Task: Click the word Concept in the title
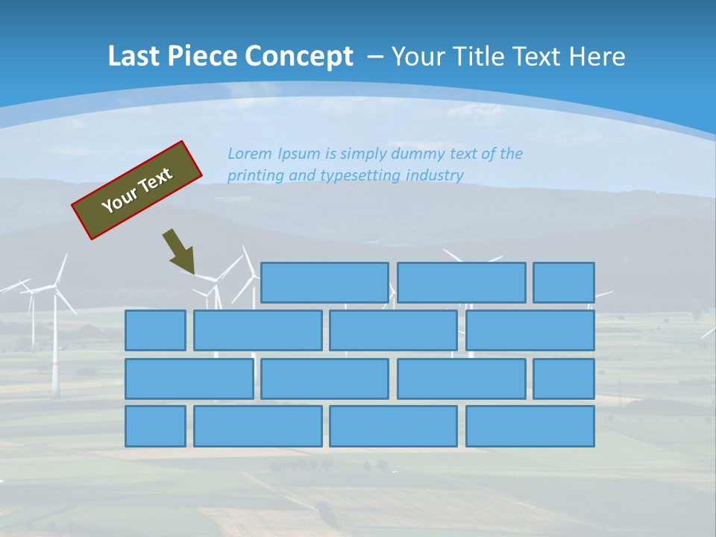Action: (299, 57)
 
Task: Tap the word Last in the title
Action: (133, 57)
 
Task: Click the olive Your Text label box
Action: (137, 190)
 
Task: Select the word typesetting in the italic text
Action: (359, 176)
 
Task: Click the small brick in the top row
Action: (564, 283)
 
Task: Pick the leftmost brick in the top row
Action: (324, 283)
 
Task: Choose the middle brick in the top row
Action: (461, 283)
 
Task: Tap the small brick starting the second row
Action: (155, 330)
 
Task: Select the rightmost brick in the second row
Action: (530, 330)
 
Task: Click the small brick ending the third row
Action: (564, 379)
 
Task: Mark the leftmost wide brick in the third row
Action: (189, 379)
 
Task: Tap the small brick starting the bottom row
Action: (155, 427)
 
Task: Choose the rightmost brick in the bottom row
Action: (530, 427)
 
